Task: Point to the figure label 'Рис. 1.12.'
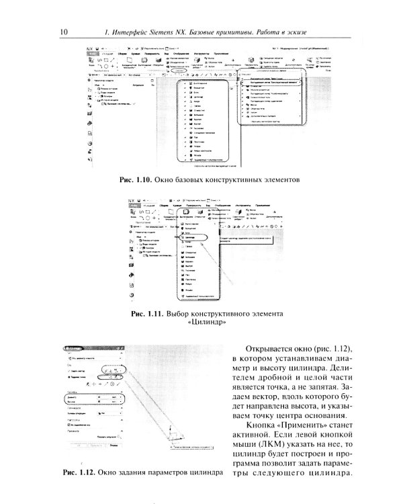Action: coord(77,472)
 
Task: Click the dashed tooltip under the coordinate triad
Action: coord(188,464)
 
